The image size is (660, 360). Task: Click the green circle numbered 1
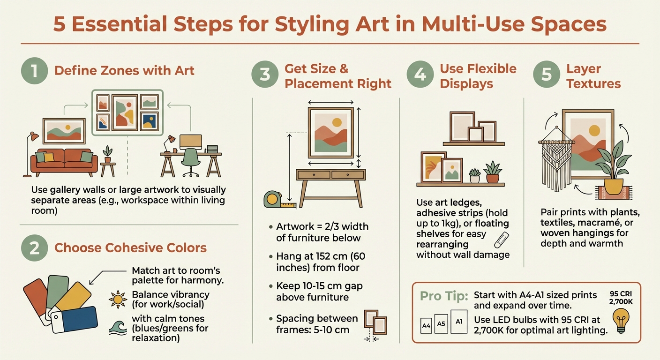click(35, 71)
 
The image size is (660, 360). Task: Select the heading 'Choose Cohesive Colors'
click(130, 247)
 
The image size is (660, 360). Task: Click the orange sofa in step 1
click(64, 161)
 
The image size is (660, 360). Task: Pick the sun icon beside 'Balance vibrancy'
click(117, 299)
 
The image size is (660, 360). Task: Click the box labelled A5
click(441, 324)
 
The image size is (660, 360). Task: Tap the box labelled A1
click(459, 322)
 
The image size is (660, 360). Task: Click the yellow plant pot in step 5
click(614, 186)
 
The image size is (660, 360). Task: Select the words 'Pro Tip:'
click(442, 297)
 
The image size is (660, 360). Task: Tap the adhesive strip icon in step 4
click(502, 239)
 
